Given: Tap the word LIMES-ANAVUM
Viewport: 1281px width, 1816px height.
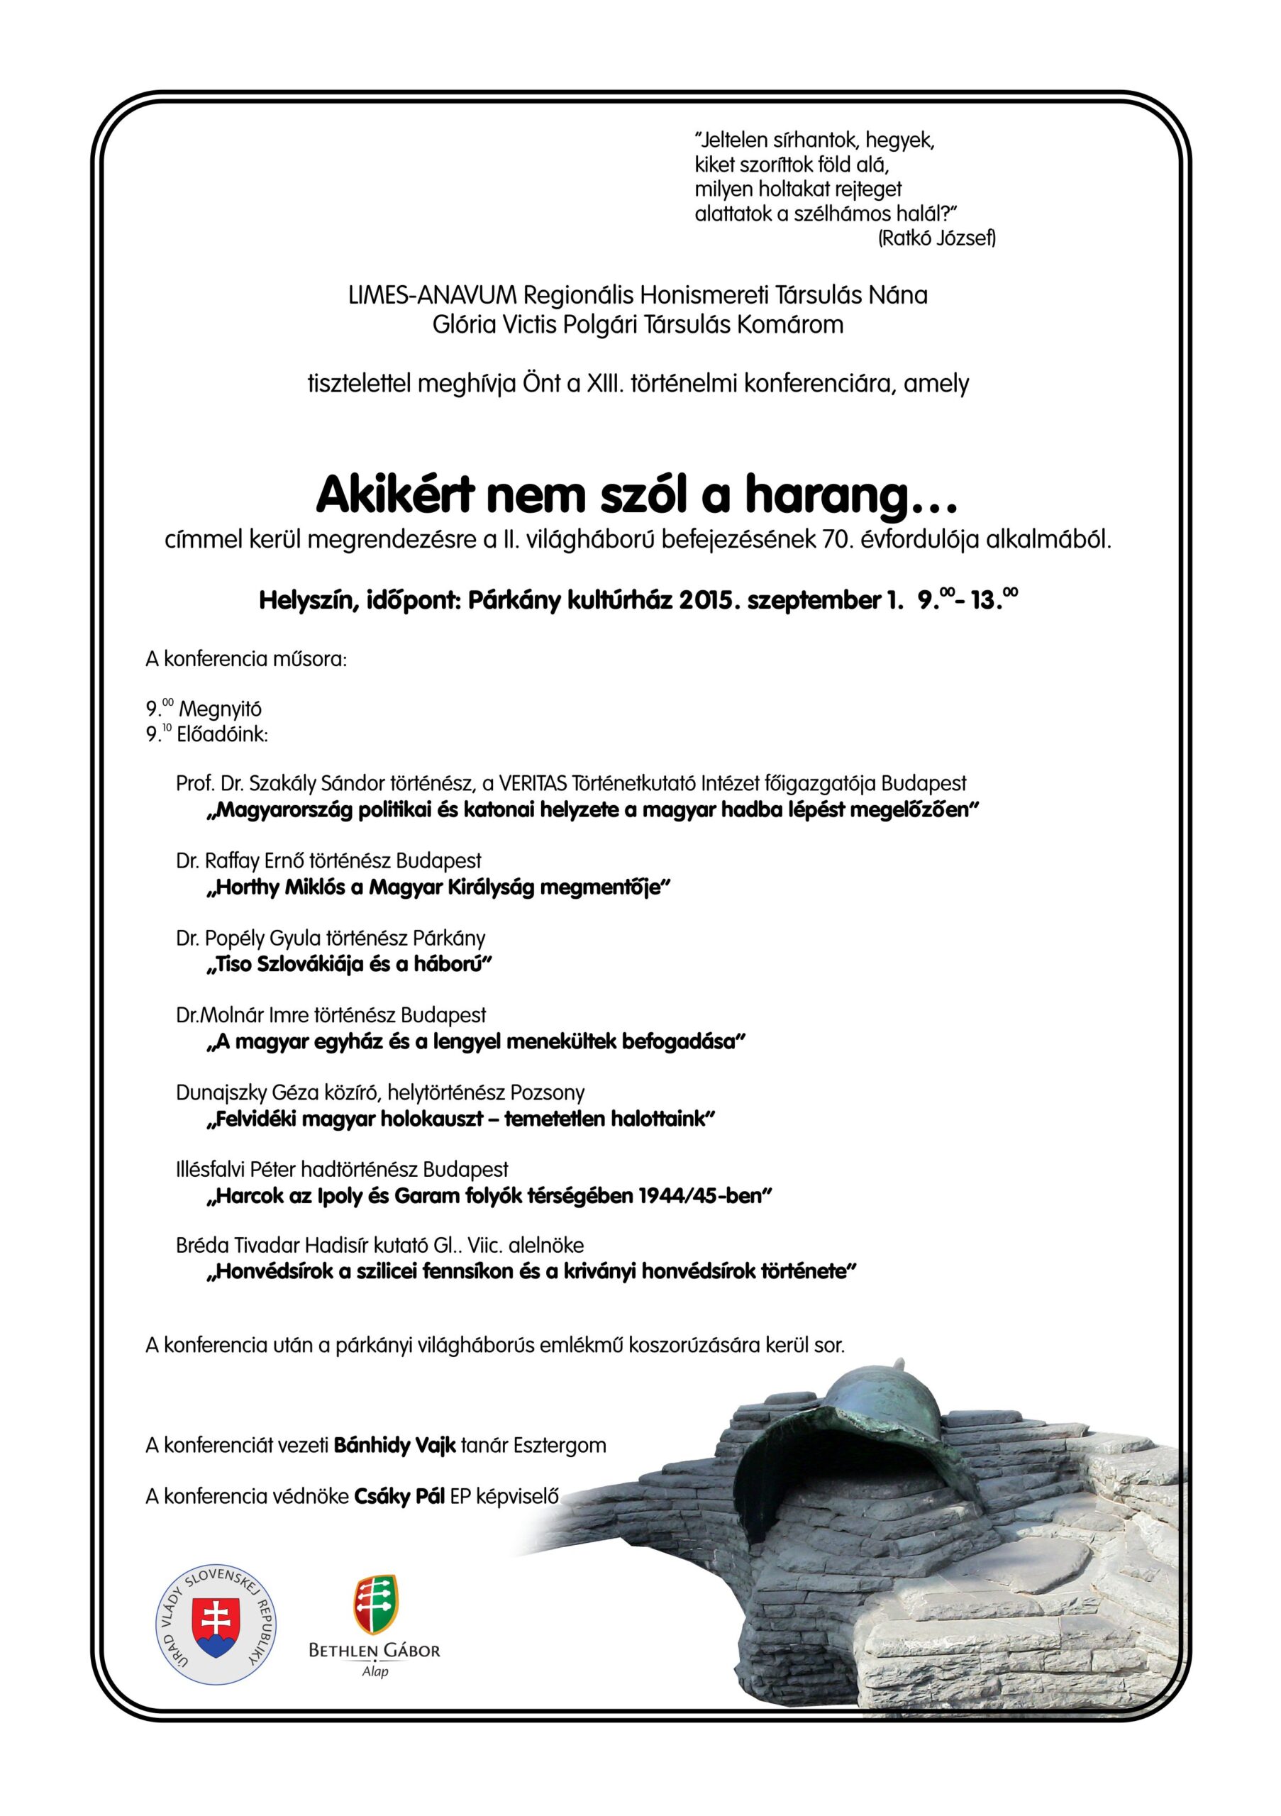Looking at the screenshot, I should [432, 295].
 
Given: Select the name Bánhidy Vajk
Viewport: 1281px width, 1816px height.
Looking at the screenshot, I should [394, 1446].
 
